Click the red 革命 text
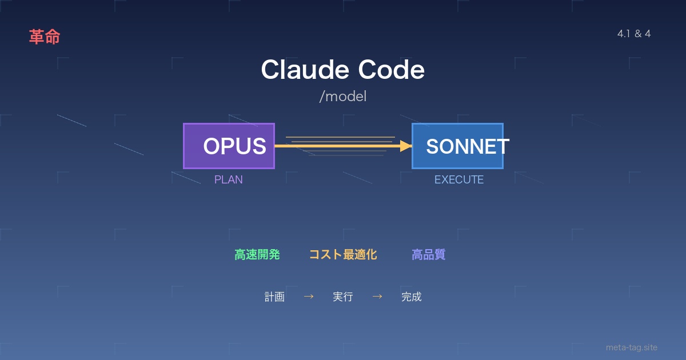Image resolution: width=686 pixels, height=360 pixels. point(45,37)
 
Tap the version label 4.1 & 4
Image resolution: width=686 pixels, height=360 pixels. point(634,34)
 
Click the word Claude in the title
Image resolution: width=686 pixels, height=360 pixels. point(305,70)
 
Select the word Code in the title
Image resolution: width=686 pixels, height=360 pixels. point(392,70)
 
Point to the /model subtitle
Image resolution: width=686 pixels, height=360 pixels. point(343,97)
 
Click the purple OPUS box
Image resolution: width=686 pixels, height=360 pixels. point(229,146)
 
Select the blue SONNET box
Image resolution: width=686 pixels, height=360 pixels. point(457,146)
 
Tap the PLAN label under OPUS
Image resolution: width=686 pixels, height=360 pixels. point(229,179)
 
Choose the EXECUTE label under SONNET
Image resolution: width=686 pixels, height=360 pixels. point(459,179)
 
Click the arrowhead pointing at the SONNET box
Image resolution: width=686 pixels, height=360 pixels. point(406,146)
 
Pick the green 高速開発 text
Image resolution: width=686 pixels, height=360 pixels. point(257,255)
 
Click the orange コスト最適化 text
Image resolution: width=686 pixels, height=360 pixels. point(343,255)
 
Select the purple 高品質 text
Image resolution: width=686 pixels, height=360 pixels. point(429,255)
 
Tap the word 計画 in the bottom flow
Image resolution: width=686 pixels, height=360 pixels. point(274,297)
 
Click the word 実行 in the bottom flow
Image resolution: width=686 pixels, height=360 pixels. point(343,297)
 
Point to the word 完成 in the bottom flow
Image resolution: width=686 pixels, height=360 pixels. point(412,297)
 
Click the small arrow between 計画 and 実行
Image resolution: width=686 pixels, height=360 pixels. point(309,297)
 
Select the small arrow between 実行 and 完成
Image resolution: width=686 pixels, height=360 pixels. point(377,297)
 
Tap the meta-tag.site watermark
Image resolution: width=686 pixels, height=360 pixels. point(632,347)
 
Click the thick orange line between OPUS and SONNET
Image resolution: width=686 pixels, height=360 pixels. point(337,146)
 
